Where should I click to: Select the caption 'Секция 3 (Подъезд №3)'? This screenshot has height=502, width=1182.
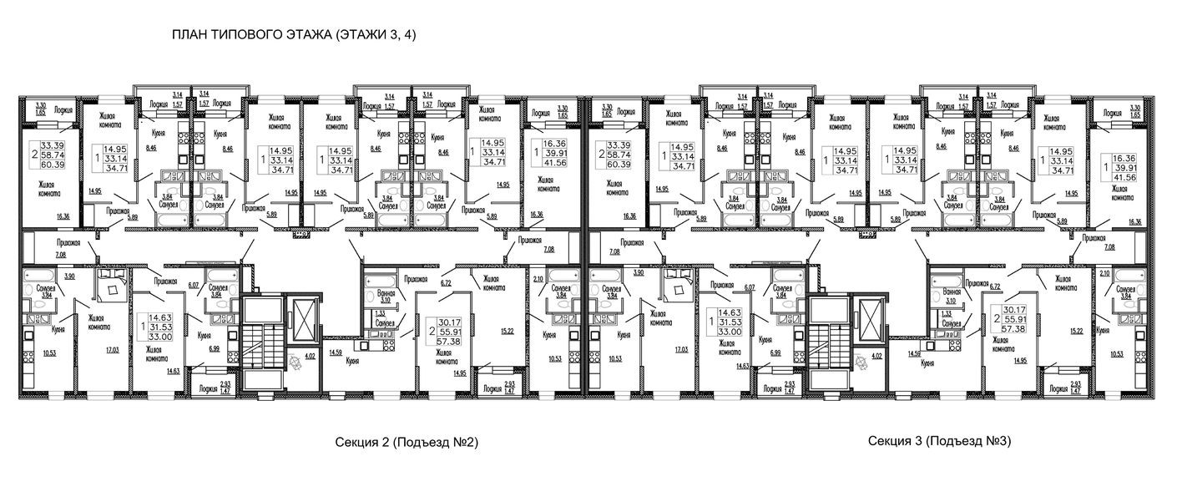point(939,440)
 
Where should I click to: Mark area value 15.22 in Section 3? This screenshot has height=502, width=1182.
point(1078,331)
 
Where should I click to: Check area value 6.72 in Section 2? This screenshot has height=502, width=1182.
point(446,283)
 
